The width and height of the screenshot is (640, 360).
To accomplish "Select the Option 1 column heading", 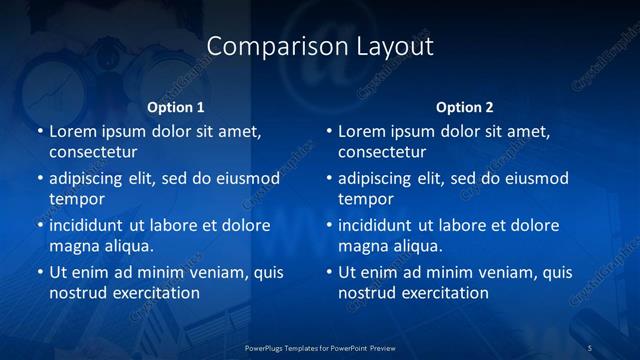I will pos(176,107).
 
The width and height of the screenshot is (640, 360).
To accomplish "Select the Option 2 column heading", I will pos(465,107).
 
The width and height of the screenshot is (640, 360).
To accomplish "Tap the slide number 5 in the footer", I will pos(590,347).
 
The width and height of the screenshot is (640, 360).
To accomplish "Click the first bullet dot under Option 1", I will pos(39,131).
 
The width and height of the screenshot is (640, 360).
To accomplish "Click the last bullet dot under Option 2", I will pos(328,272).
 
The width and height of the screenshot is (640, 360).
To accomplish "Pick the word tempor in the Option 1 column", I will pos(76,199).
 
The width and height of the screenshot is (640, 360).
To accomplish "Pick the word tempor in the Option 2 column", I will pos(365,199).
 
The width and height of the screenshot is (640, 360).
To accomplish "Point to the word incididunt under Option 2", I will pos(375,225).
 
